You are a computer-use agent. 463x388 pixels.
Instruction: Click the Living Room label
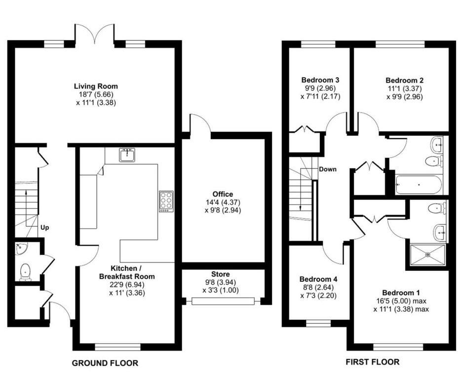(96, 86)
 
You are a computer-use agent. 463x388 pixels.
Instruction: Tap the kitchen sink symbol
(127, 155)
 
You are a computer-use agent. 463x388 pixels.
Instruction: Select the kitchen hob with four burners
(166, 202)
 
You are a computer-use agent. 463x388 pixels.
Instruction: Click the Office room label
(223, 194)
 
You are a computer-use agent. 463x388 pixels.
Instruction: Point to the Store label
(220, 274)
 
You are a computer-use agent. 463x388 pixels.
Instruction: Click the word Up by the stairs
(45, 228)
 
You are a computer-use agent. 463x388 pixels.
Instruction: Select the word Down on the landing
(328, 169)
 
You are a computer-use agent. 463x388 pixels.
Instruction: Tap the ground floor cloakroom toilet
(25, 271)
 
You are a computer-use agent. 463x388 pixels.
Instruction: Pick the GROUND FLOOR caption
(105, 363)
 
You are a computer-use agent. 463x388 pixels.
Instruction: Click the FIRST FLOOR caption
(372, 362)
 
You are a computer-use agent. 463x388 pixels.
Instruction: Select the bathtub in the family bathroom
(419, 185)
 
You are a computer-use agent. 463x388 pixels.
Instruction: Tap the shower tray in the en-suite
(427, 255)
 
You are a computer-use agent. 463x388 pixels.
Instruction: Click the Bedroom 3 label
(320, 80)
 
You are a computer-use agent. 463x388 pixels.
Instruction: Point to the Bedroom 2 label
(404, 80)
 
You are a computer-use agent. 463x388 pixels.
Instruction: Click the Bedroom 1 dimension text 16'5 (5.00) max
(401, 301)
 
